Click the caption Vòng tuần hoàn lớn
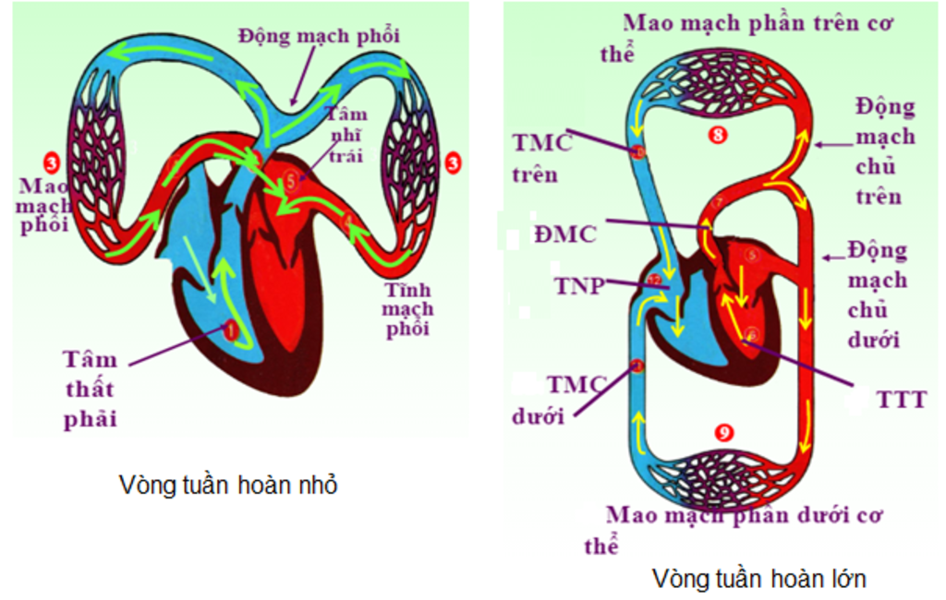tap(758, 579)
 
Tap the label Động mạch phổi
tap(320, 37)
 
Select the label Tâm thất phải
tap(91, 389)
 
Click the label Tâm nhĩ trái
tap(346, 135)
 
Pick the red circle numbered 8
tap(719, 135)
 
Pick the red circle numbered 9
tap(725, 431)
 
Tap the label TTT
tap(901, 399)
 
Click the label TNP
tap(578, 285)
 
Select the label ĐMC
tap(564, 234)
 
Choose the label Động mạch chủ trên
tap(883, 151)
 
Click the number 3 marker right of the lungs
tap(453, 163)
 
